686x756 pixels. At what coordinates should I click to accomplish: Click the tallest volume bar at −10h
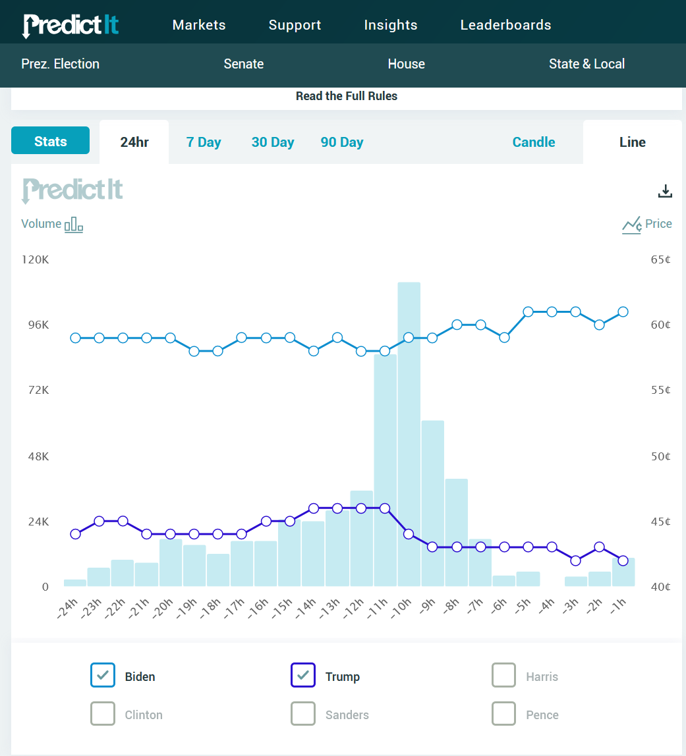(409, 435)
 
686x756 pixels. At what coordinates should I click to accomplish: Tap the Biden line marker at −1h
(623, 311)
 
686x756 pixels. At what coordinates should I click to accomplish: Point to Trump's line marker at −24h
(75, 534)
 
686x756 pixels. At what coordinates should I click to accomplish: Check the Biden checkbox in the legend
(103, 675)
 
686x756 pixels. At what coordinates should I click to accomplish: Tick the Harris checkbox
(503, 675)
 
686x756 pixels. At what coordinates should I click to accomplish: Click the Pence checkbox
(503, 713)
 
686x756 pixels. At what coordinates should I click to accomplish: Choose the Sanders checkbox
(303, 713)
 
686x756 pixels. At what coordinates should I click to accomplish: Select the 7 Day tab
(204, 142)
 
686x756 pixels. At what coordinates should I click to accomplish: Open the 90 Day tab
(342, 142)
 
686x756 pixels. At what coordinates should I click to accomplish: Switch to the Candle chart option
(534, 142)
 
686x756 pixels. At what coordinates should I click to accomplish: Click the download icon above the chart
(666, 191)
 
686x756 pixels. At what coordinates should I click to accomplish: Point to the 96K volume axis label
(37, 325)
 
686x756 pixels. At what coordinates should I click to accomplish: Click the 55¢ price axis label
(660, 390)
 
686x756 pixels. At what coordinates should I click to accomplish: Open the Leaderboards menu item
(505, 25)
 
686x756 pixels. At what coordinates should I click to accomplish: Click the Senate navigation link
(244, 64)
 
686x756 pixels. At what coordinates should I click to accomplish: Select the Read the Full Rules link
(347, 96)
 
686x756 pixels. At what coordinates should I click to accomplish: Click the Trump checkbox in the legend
(303, 675)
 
